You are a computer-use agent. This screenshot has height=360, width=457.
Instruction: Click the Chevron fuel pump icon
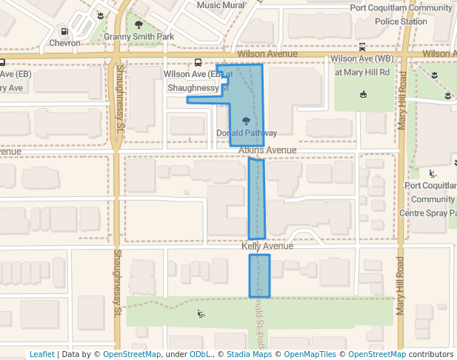(64, 32)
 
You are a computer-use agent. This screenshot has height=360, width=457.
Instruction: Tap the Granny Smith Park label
(139, 36)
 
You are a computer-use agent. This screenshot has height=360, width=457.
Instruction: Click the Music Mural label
(220, 5)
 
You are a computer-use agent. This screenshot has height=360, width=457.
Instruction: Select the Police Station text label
(401, 21)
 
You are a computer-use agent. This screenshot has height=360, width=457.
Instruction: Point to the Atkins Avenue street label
(267, 150)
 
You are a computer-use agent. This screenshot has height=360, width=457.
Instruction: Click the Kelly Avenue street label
(267, 245)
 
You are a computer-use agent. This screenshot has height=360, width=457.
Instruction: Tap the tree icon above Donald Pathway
(245, 121)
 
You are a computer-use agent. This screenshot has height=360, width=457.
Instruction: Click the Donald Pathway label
(247, 133)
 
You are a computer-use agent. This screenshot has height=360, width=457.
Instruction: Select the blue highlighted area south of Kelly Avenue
(259, 276)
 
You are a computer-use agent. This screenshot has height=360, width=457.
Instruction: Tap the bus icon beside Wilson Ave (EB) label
(198, 64)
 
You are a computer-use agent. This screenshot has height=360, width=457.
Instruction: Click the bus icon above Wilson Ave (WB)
(361, 47)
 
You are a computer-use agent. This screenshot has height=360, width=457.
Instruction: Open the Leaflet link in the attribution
(41, 355)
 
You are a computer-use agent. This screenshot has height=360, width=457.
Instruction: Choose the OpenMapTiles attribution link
(312, 355)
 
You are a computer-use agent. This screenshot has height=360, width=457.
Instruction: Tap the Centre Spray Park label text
(433, 213)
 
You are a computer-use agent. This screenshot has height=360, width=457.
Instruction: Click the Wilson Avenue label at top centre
(267, 54)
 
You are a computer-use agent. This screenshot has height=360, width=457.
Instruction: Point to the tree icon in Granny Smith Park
(139, 24)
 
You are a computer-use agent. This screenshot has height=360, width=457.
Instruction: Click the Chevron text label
(64, 43)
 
